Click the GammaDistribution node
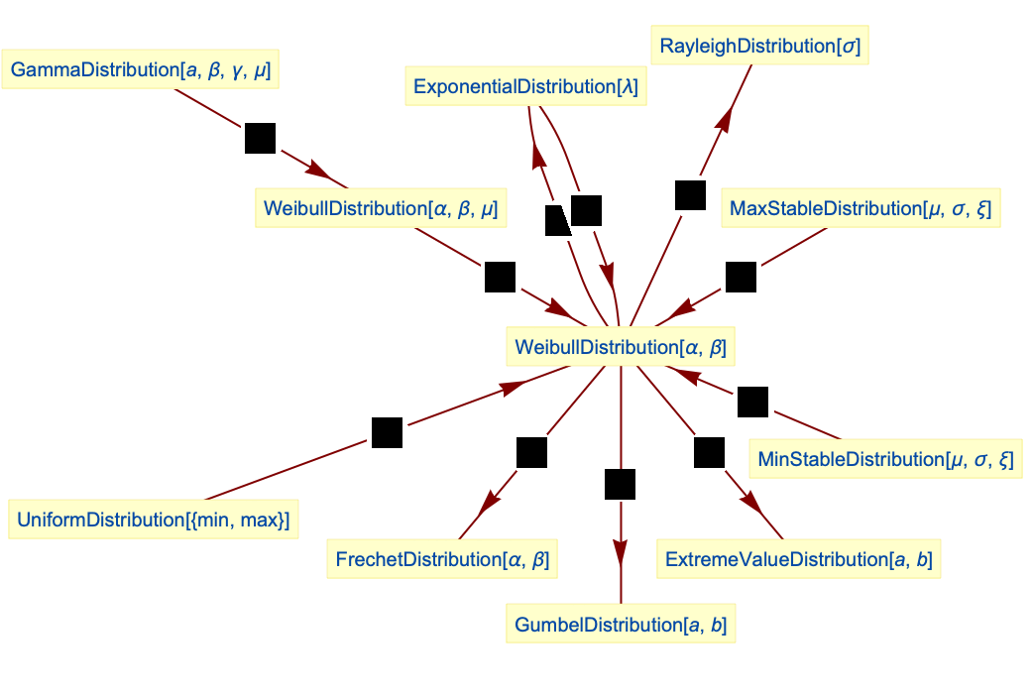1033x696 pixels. tap(140, 70)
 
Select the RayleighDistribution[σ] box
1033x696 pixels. tap(760, 46)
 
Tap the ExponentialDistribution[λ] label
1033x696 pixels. tap(525, 86)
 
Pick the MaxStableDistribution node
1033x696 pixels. tap(860, 208)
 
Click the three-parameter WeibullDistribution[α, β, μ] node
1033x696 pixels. tap(380, 208)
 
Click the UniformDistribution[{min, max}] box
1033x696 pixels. tap(153, 520)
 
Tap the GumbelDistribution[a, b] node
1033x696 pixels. tap(621, 625)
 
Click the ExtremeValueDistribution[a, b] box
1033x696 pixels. tap(798, 560)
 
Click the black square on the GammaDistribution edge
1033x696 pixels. tap(260, 138)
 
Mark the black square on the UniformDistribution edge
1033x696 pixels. tap(387, 433)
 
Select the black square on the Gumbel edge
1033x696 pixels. tap(620, 485)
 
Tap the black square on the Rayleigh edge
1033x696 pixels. tap(690, 195)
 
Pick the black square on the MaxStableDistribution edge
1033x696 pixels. tap(741, 278)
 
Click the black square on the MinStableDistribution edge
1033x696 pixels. tap(752, 402)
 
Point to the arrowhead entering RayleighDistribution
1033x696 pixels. tap(724, 118)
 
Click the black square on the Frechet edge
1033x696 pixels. tap(531, 452)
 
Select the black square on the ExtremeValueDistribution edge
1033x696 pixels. tap(709, 452)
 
